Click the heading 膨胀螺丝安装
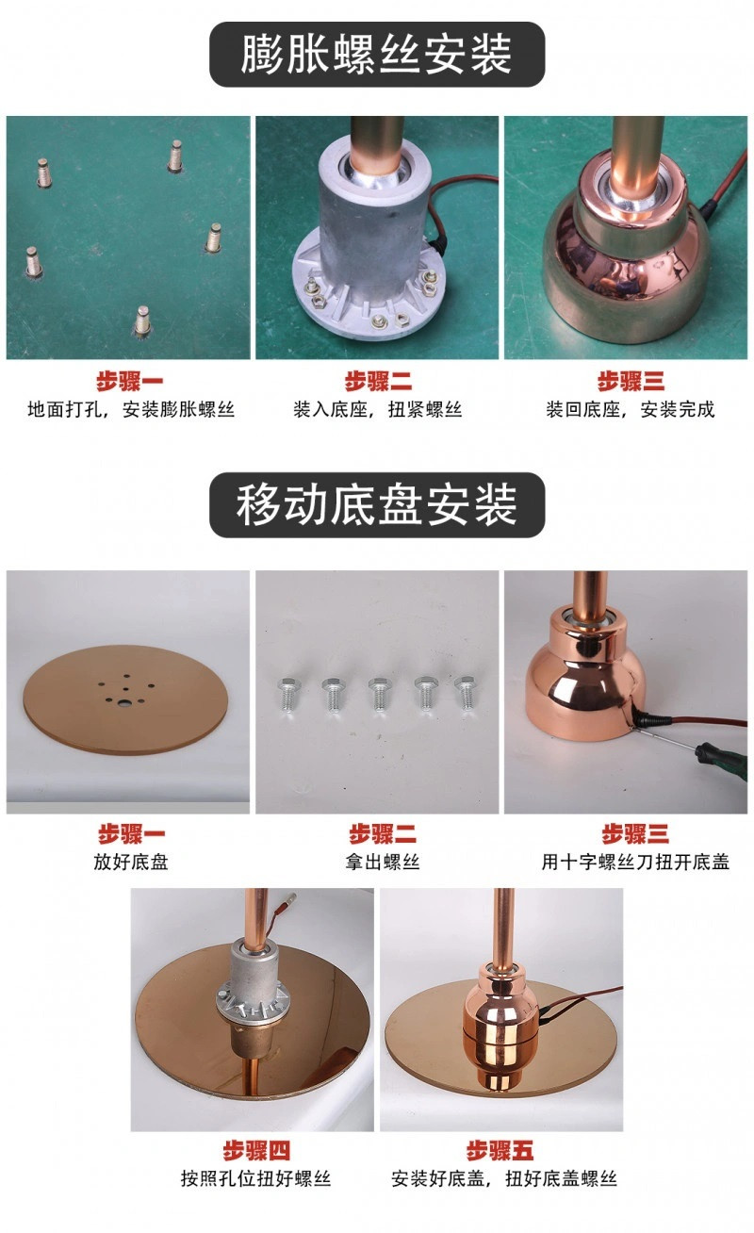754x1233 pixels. tap(376, 54)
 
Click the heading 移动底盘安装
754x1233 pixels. tap(376, 504)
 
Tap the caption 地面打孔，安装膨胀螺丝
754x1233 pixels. tap(131, 409)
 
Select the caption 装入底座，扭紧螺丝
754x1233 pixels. tap(377, 409)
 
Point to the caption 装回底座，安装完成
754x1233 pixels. tap(631, 409)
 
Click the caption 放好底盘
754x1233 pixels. tap(131, 862)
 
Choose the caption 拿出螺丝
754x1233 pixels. tap(383, 862)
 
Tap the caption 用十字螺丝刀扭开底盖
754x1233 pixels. tap(635, 862)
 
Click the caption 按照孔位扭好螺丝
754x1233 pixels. tap(256, 1178)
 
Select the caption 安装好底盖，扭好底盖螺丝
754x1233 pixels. tap(504, 1178)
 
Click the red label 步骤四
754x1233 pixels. tap(256, 1150)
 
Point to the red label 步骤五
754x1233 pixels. tap(500, 1150)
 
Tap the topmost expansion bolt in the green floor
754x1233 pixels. tap(175, 156)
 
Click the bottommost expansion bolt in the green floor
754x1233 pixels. tap(142, 321)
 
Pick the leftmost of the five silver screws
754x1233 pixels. tap(287, 694)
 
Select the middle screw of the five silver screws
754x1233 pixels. tap(379, 695)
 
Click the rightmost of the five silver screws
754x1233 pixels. tap(465, 693)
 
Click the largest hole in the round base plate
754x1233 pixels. tap(125, 703)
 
